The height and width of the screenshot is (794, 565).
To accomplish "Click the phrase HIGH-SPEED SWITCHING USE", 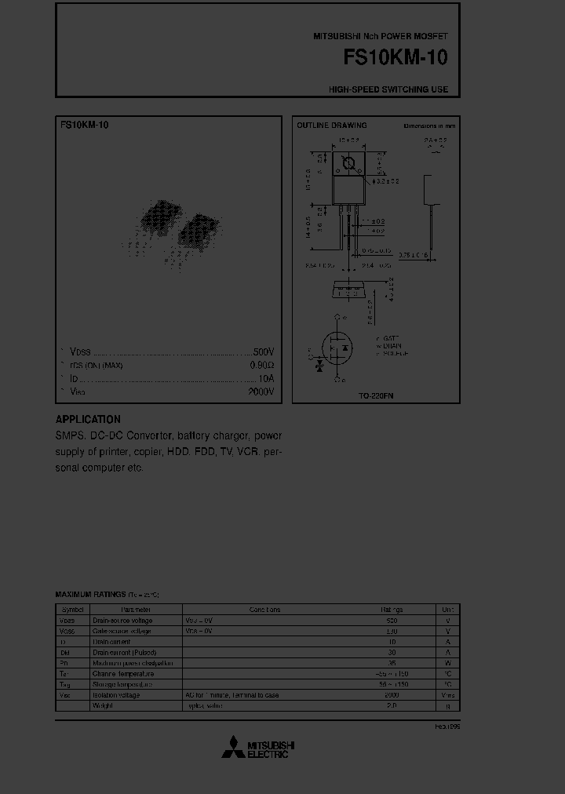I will (388, 89).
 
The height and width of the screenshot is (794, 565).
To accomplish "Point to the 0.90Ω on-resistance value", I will (261, 366).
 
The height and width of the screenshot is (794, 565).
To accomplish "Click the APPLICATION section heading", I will (88, 420).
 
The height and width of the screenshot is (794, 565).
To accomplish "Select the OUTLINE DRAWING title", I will (331, 126).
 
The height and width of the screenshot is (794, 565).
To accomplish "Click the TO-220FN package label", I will (376, 396).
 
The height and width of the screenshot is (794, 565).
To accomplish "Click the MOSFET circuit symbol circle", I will (337, 348).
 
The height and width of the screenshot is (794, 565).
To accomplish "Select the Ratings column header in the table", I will (392, 610).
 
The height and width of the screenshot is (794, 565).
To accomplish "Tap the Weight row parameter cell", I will (103, 706).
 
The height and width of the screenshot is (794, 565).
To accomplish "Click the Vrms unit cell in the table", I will (447, 695).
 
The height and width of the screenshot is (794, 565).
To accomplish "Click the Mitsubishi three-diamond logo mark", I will (232, 748).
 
